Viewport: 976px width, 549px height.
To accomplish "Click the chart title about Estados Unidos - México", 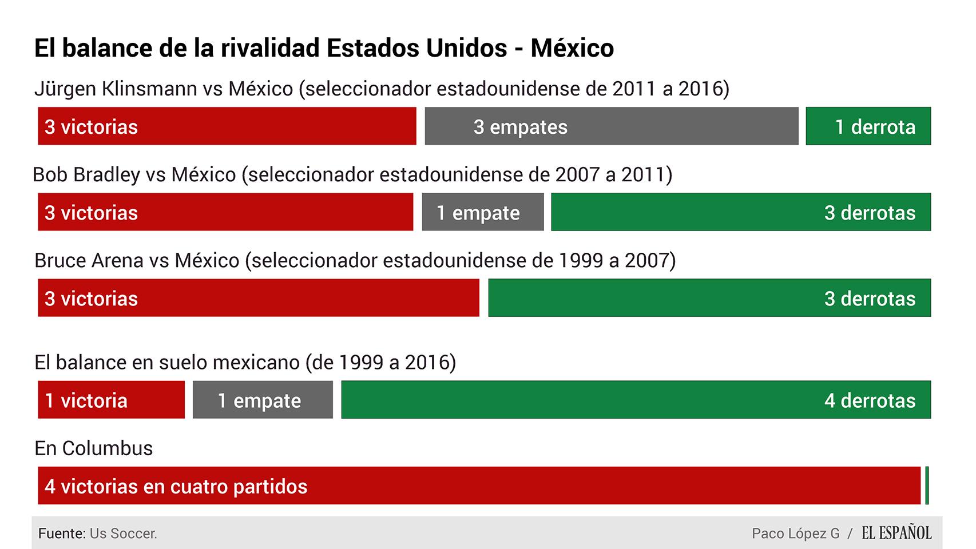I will [x=324, y=48].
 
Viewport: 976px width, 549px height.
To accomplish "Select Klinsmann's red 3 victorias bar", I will [x=227, y=126].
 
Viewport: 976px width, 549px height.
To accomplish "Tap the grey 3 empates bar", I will [x=611, y=126].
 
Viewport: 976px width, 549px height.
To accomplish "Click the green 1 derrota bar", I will [x=868, y=126].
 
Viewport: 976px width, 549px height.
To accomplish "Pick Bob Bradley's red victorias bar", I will [x=225, y=212].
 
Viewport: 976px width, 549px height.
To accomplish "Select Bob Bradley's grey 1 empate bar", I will [x=482, y=212].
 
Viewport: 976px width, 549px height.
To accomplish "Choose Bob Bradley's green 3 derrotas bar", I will [x=740, y=212].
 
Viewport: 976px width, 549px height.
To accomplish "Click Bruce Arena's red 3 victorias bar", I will [x=258, y=298].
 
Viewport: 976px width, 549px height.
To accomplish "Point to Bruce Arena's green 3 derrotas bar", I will [x=709, y=298].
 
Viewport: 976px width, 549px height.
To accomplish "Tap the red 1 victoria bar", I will [x=111, y=400].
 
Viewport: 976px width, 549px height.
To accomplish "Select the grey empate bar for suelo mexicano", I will [x=262, y=400].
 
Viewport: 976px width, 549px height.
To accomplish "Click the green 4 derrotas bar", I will [x=636, y=400].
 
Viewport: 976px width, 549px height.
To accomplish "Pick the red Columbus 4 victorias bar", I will [x=479, y=486].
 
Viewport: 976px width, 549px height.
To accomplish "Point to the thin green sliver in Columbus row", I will [x=927, y=486].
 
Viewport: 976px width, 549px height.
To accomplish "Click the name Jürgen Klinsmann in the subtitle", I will [x=116, y=89].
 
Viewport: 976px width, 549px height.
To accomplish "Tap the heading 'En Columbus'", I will [x=94, y=448].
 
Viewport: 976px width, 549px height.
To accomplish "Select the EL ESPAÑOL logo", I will [x=896, y=533].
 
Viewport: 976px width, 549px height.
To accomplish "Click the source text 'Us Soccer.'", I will [x=123, y=534].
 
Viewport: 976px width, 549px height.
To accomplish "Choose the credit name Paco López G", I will [x=795, y=534].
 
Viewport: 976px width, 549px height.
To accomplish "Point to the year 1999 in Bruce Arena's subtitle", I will [x=580, y=261].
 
